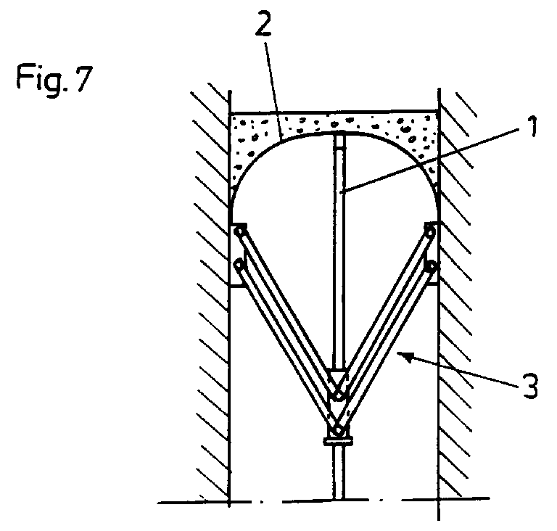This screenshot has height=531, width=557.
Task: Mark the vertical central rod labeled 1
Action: (338, 254)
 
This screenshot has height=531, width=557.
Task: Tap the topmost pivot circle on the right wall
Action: (430, 231)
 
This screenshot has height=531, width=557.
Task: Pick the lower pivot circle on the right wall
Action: (432, 265)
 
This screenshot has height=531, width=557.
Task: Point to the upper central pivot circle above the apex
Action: (338, 396)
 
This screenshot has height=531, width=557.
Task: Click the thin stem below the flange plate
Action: (338, 472)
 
